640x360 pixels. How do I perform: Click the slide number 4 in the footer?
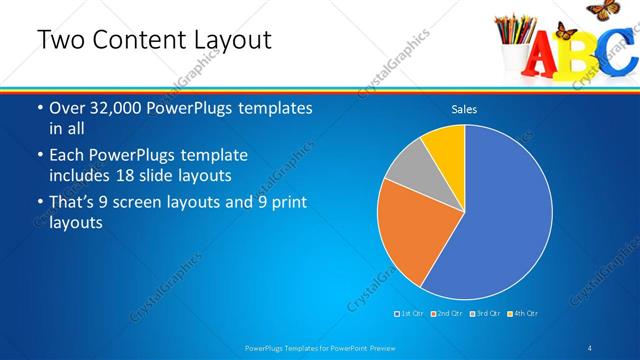point(591,347)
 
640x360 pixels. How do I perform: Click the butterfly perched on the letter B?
point(571,30)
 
